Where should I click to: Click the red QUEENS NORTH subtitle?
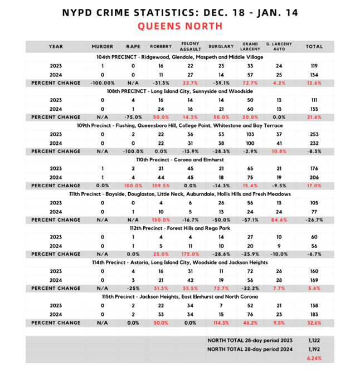(179, 26)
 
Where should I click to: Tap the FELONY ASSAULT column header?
(187, 47)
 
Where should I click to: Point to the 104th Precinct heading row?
(179, 57)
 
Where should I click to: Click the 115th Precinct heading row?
(179, 297)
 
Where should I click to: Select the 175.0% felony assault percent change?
(187, 254)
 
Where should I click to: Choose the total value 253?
(314, 134)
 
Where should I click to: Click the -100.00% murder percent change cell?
(103, 82)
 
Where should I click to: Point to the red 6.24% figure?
(314, 358)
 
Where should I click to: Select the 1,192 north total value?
(314, 349)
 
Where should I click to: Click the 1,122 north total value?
(314, 339)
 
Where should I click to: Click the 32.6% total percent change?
(314, 323)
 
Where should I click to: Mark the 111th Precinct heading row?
(179, 194)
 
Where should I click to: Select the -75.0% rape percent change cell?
(132, 117)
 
